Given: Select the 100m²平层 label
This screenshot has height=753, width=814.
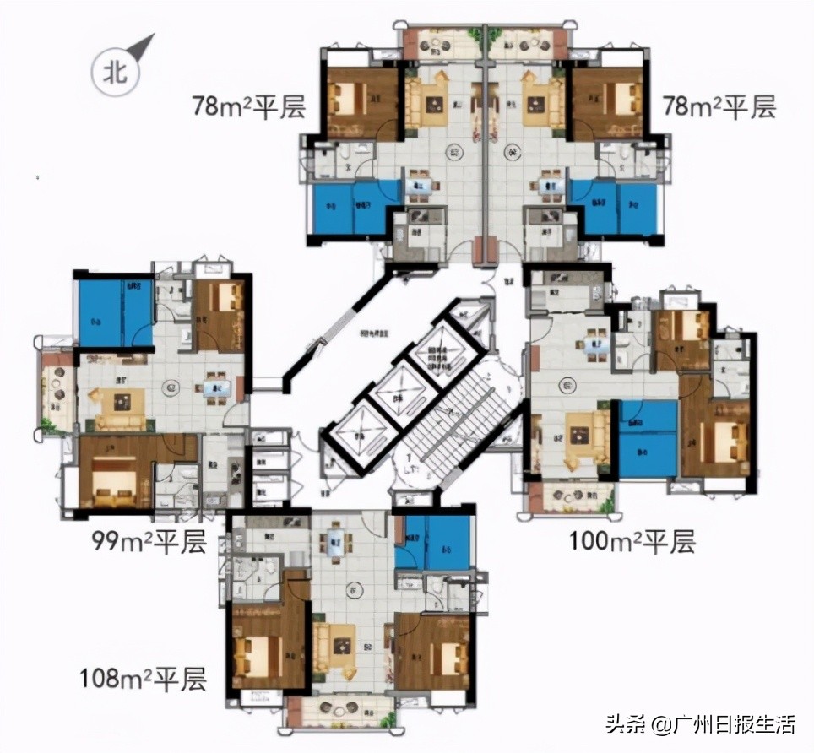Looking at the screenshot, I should [x=633, y=541].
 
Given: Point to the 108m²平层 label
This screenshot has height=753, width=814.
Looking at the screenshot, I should [x=143, y=678].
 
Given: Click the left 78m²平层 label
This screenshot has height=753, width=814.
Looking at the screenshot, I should [x=248, y=107].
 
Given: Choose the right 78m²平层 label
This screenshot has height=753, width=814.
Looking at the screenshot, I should [x=717, y=107].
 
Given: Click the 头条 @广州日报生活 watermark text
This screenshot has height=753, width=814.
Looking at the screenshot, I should [x=700, y=723].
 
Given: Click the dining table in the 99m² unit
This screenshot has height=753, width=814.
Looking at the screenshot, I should [x=211, y=388].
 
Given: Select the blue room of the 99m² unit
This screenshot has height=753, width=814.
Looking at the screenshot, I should [x=115, y=312].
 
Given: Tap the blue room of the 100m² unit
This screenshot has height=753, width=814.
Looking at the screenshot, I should [x=648, y=439].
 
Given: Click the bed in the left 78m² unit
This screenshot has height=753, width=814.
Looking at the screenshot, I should [x=354, y=102].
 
